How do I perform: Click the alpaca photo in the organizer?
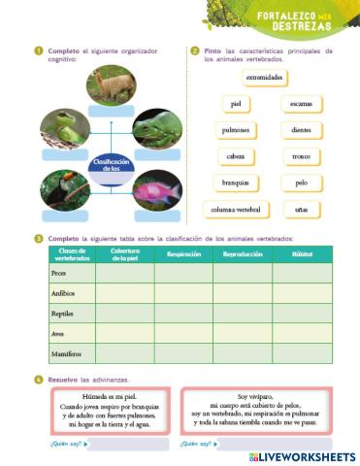point(111,85)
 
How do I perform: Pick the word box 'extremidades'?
point(265,77)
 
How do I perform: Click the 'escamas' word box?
point(301,103)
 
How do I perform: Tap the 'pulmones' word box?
point(235,129)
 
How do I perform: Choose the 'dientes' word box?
point(301,129)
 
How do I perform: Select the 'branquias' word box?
point(235,183)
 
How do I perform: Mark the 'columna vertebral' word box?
point(234,209)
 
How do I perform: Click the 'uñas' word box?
point(301,209)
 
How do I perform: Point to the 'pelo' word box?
point(301,183)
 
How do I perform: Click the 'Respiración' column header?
point(183,254)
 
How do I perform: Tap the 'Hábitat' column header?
point(302,254)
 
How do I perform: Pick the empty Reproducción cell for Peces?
point(243,273)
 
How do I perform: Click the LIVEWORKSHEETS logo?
point(302,455)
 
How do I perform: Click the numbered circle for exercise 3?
point(38,238)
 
